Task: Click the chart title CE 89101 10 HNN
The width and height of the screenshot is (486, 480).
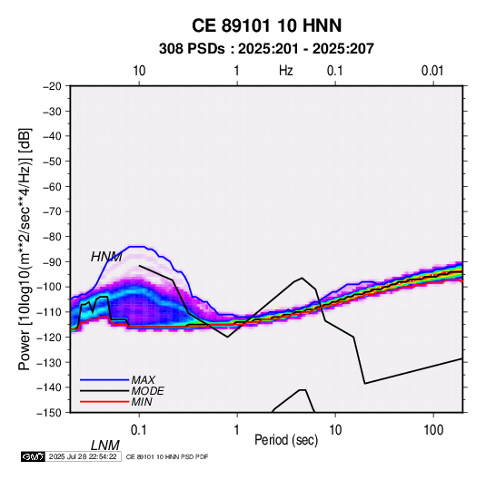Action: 266,25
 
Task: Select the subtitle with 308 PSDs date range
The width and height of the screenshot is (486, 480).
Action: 266,49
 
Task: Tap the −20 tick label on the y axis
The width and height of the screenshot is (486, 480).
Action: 53,86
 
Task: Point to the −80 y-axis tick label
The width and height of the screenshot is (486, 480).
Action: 53,237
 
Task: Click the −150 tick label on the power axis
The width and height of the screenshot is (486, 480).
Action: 50,413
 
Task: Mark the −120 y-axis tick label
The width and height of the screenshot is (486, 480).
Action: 50,338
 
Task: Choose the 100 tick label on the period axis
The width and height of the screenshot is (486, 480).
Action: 433,430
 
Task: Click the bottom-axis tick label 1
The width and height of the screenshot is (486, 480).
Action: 237,430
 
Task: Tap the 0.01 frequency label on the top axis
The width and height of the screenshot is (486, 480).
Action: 432,71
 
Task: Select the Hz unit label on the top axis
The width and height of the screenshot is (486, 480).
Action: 286,71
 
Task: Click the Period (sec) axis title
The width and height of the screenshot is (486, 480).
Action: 286,440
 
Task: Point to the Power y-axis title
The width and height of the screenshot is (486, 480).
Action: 25,250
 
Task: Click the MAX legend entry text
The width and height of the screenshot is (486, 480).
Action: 144,379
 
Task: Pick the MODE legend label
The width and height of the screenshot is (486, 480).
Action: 147,391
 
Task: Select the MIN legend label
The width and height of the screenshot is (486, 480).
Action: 142,402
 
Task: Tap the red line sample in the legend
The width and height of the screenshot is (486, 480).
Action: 104,402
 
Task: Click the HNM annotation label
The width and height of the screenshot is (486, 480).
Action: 106,257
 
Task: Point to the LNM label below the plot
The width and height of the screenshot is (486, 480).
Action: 105,446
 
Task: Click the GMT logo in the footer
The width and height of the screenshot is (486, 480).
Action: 33,456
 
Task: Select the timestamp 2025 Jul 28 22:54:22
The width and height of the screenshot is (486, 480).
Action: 83,456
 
